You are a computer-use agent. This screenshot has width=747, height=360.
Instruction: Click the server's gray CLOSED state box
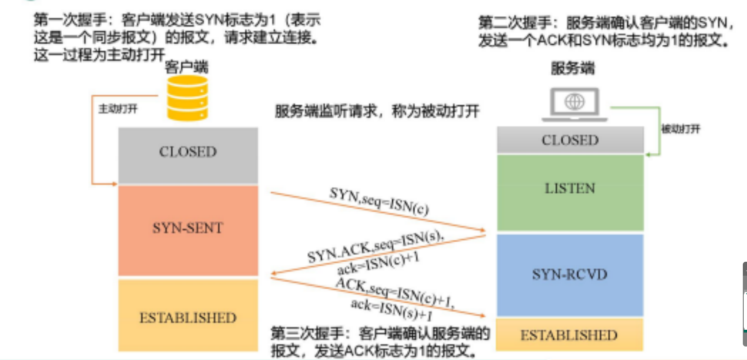point(570,140)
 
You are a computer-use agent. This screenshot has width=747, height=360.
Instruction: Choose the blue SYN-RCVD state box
point(570,275)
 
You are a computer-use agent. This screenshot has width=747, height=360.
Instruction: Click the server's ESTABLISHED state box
point(569,335)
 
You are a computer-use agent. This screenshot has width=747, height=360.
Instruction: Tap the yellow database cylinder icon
point(188,98)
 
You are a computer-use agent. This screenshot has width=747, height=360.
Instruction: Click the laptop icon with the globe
point(574,104)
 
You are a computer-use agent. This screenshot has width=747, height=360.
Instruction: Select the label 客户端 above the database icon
point(186,67)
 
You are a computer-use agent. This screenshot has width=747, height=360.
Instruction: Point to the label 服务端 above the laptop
point(573,68)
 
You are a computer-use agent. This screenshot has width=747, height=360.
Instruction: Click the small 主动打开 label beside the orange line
point(118,109)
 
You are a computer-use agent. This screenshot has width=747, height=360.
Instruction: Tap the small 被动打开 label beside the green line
point(680,129)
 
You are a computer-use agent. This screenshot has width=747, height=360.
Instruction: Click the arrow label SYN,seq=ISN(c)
point(379,201)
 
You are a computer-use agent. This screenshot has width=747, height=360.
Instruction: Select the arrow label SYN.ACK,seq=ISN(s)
point(375,247)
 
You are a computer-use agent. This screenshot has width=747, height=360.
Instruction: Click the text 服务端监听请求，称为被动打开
point(377,111)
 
